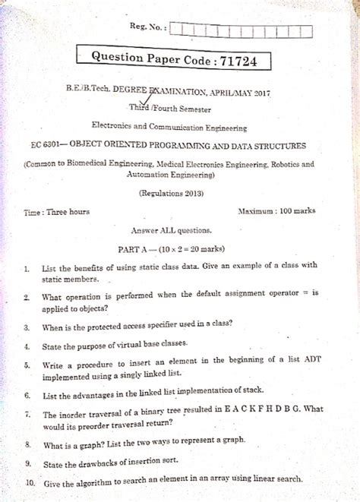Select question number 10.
pyautogui.click(x=30, y=481)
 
